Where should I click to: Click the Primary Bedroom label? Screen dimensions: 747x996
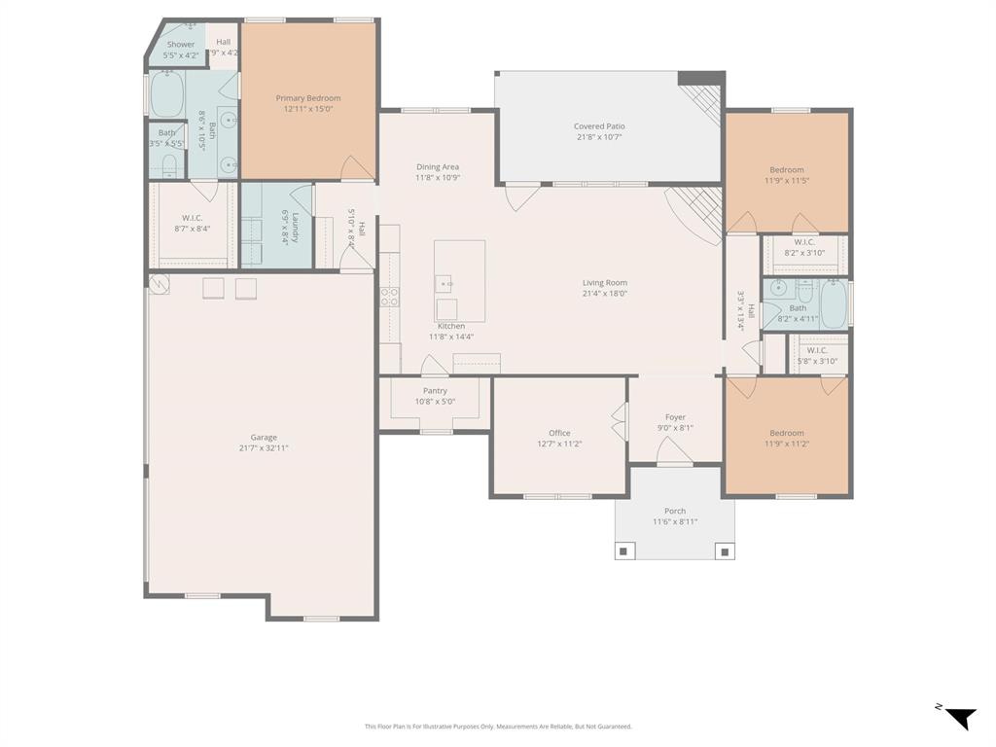308,98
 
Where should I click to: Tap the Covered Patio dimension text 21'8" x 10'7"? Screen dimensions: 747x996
599,138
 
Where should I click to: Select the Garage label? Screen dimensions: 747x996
264,438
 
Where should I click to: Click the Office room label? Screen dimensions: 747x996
559,433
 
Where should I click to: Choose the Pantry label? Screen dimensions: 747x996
435,391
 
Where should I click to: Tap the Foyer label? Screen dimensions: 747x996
675,417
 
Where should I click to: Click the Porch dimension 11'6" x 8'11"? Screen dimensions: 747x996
675,522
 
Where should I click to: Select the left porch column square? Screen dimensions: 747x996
624,551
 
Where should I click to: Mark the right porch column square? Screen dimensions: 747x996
725,551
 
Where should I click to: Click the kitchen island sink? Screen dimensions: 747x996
446,285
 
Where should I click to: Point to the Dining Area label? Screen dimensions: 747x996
438,167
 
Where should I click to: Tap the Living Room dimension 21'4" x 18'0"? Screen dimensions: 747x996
605,294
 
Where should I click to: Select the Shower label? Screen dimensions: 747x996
181,45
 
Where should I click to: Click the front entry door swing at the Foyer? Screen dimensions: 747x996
675,451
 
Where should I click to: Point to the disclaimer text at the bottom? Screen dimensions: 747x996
498,727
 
